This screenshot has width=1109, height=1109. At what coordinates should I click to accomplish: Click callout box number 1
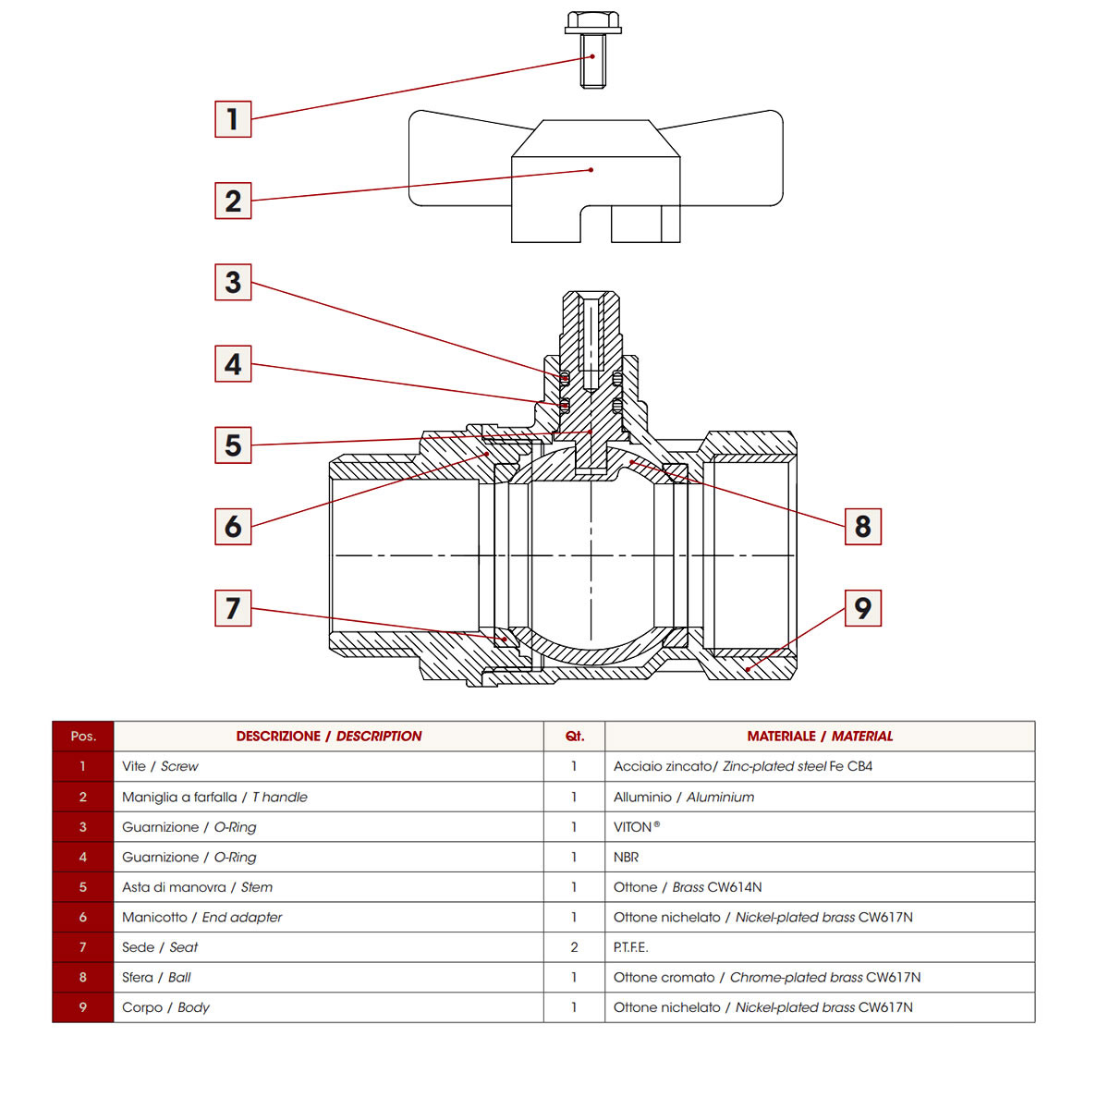tap(233, 119)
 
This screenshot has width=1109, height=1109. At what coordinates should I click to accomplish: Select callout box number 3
tap(233, 283)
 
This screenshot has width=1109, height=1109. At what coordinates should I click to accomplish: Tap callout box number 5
tap(233, 445)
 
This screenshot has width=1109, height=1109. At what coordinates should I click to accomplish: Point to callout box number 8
tap(862, 527)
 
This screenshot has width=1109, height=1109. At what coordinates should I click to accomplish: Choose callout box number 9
tap(862, 608)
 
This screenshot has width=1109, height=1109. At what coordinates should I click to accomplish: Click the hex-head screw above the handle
tap(592, 50)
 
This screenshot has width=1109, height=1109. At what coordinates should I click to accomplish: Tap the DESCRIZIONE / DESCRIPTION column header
tap(328, 737)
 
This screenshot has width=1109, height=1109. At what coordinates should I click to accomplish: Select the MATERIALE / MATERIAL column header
tap(820, 737)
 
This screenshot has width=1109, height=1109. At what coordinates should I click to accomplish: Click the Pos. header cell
tap(83, 737)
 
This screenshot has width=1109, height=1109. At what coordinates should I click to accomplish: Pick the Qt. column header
tap(574, 737)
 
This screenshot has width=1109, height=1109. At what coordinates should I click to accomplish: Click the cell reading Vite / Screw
tap(160, 766)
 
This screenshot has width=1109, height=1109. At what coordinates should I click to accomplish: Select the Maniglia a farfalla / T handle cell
tap(214, 797)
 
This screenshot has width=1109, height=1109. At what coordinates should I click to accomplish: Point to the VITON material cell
tap(637, 827)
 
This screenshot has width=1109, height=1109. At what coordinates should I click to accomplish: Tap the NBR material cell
tap(626, 858)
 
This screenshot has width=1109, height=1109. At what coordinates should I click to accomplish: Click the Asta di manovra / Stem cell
tap(197, 887)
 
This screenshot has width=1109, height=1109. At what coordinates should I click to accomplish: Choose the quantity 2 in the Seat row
tap(574, 947)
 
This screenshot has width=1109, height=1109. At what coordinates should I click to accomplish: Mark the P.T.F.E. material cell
tap(630, 947)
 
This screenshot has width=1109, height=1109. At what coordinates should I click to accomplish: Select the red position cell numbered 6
tap(83, 918)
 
